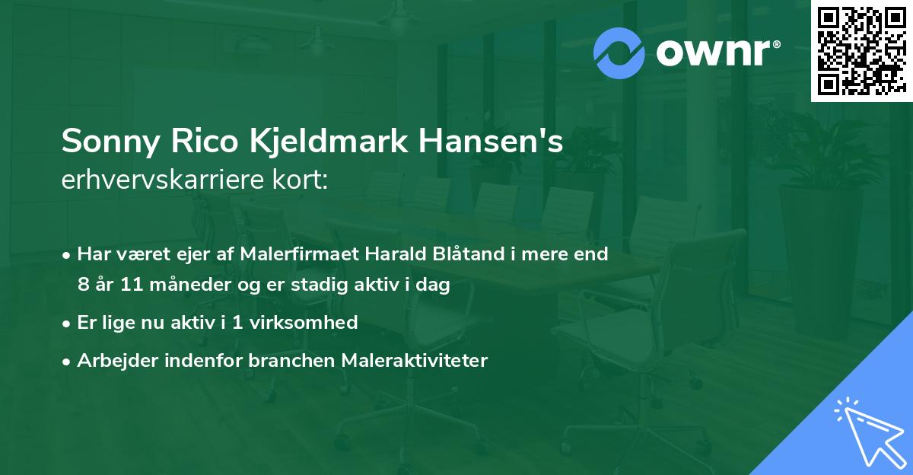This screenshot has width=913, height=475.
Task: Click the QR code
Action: point(861,50)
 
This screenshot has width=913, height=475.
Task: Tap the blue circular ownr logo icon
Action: point(619,53)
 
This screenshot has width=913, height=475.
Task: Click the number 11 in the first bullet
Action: point(119,285)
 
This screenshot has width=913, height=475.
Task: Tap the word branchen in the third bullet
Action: point(282,360)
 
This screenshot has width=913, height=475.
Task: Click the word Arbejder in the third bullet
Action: point(112,360)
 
